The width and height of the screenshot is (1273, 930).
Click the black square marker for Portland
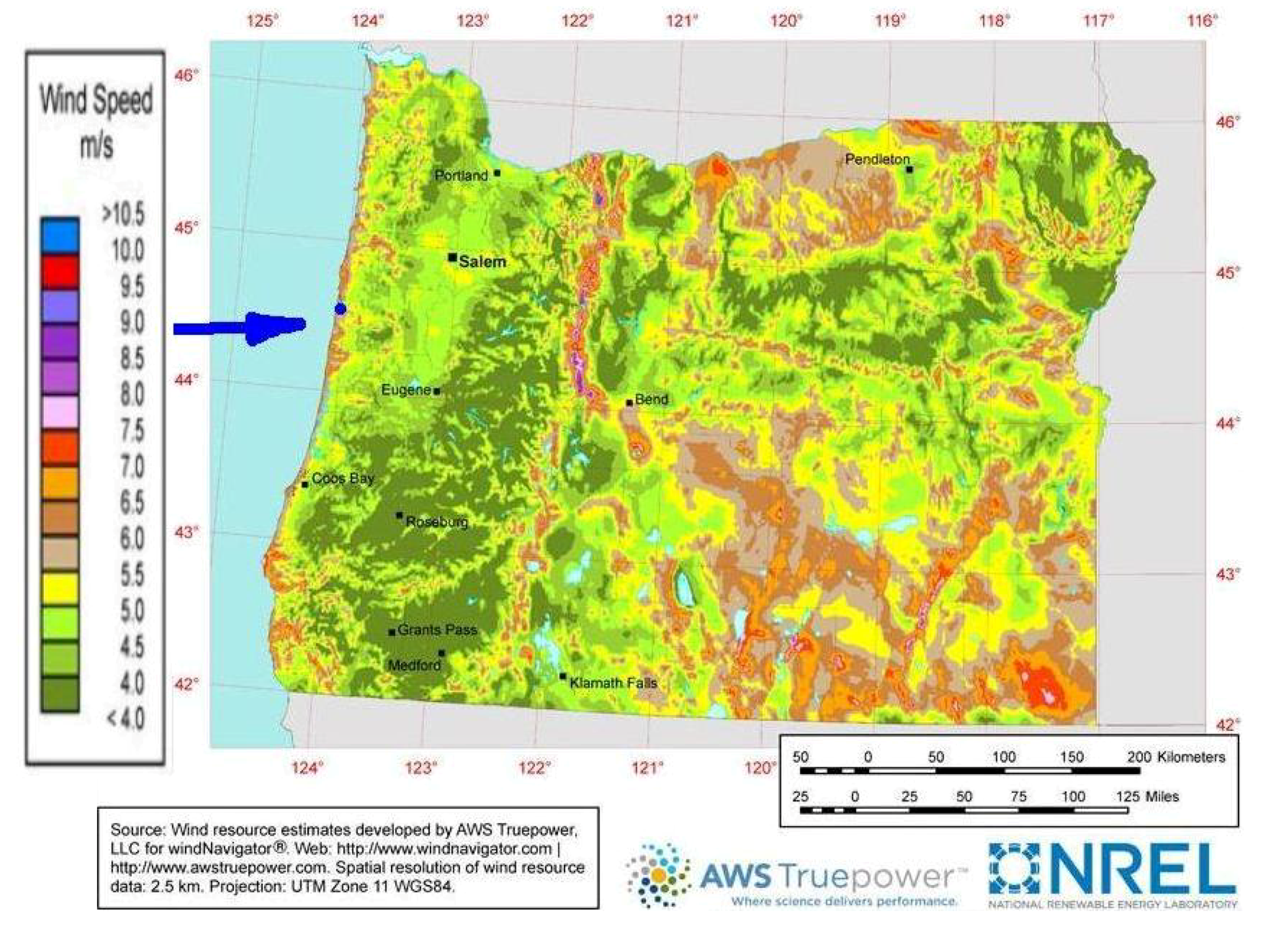tap(497, 173)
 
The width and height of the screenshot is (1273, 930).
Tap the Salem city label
tap(482, 262)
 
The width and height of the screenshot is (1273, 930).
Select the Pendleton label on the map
tap(877, 160)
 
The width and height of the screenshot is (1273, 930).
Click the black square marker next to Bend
tap(630, 402)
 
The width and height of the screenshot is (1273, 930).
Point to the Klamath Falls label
tap(613, 683)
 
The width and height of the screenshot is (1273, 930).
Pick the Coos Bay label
tap(343, 478)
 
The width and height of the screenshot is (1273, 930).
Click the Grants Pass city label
tap(438, 630)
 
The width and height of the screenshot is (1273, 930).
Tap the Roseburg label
tap(437, 522)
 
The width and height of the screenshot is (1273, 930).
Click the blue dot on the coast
tap(340, 309)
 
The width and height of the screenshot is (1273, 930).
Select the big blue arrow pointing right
tap(242, 327)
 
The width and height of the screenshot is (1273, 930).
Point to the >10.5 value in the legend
tap(123, 214)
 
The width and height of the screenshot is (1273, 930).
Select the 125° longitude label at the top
tap(263, 21)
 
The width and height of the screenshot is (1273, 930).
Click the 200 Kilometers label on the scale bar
tap(1175, 757)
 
